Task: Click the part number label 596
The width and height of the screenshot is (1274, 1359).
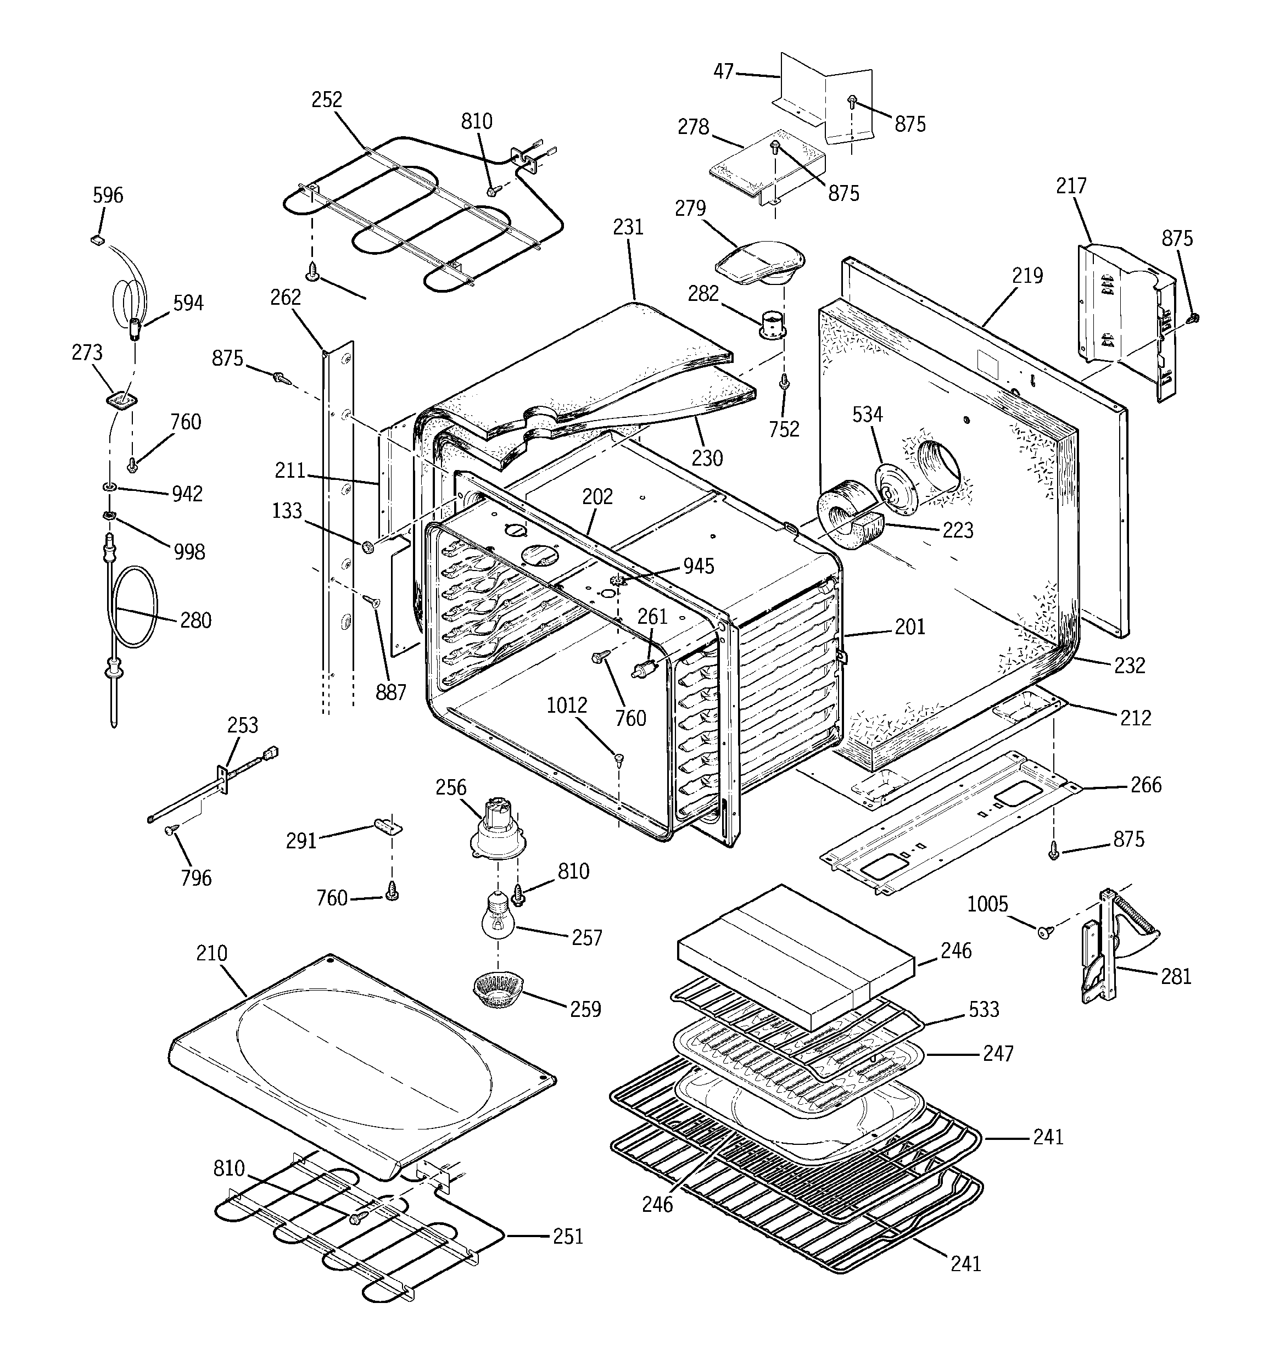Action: [108, 195]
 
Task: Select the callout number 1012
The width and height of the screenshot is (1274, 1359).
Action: [566, 705]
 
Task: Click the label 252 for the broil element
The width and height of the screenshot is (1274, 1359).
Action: [326, 100]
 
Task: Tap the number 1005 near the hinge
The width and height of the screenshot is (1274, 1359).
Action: [987, 904]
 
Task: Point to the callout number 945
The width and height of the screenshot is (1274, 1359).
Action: [698, 566]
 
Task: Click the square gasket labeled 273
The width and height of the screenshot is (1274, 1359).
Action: [121, 399]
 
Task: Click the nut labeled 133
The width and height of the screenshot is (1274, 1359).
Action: [368, 546]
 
